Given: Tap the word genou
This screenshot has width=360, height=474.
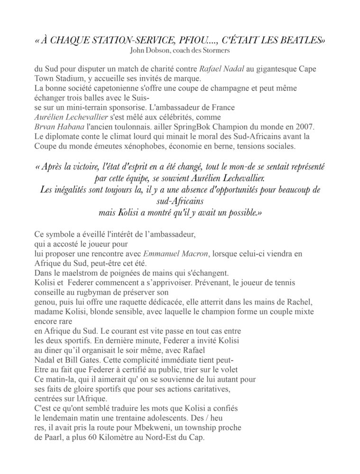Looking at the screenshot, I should coord(46,302).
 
